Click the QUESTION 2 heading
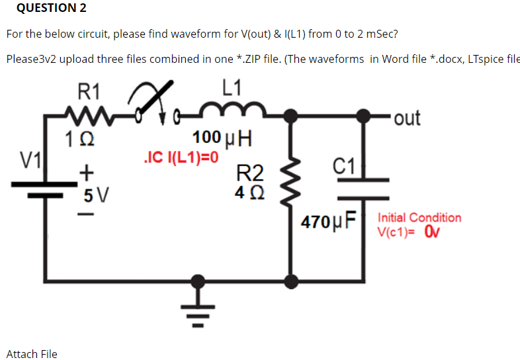(46, 9)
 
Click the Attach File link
(32, 353)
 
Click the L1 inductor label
(232, 87)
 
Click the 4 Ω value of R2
(249, 194)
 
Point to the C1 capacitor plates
(363, 188)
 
